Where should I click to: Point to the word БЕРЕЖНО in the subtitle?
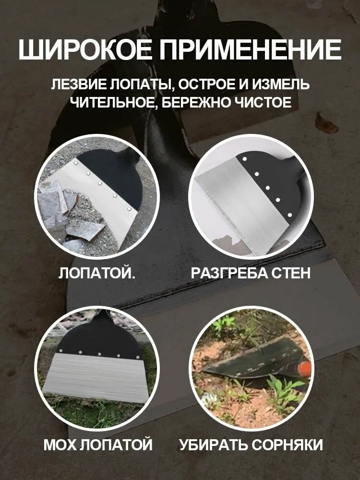pos(202,103)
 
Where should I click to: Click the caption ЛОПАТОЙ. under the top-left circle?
pos(97,273)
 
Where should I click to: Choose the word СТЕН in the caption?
pos(289,273)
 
